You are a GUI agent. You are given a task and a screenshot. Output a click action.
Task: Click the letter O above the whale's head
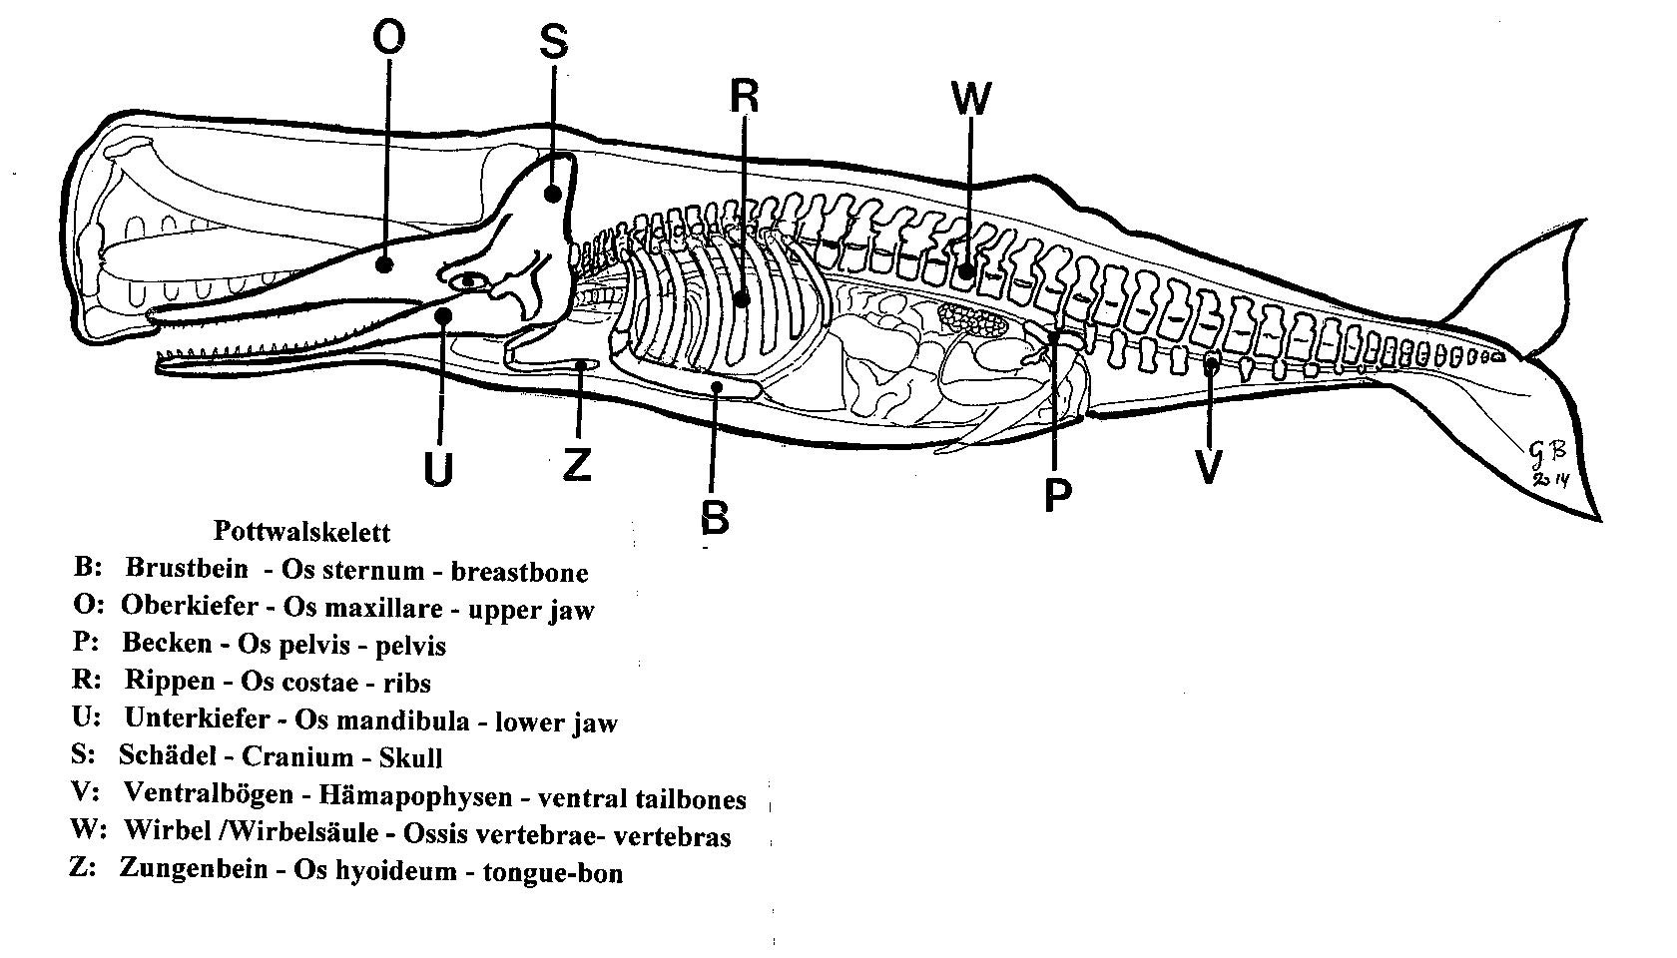point(388,37)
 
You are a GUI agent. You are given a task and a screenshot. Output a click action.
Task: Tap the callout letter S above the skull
point(553,42)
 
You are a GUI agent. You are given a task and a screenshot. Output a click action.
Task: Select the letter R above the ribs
point(745,97)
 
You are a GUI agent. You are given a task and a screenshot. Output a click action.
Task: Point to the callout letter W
point(971,98)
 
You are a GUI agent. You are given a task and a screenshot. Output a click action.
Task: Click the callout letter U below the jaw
point(439,469)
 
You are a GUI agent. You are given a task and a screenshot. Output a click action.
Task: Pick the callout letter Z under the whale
point(577,464)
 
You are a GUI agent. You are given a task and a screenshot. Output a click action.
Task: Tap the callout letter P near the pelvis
point(1057,495)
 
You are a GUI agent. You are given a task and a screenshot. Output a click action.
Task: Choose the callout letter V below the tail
point(1209,467)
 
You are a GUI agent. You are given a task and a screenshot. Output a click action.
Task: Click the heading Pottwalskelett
point(301,531)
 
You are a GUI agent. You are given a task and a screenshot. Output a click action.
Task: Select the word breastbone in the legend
point(519,573)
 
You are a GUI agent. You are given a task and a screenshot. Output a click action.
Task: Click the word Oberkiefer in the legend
point(190,605)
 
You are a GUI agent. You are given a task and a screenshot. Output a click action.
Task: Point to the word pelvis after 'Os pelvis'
point(410,646)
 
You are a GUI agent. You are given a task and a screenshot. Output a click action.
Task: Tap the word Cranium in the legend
point(297,756)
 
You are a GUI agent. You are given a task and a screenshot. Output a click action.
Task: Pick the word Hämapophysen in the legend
point(415,795)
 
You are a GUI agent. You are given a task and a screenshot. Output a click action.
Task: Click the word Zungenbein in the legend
point(194,869)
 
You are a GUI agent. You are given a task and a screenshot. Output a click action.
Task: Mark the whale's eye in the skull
point(469,281)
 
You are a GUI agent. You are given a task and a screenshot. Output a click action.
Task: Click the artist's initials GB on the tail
point(1548,451)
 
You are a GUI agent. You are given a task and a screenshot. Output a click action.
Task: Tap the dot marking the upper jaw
point(385,264)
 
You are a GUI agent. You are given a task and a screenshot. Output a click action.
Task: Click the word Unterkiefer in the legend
point(197,718)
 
